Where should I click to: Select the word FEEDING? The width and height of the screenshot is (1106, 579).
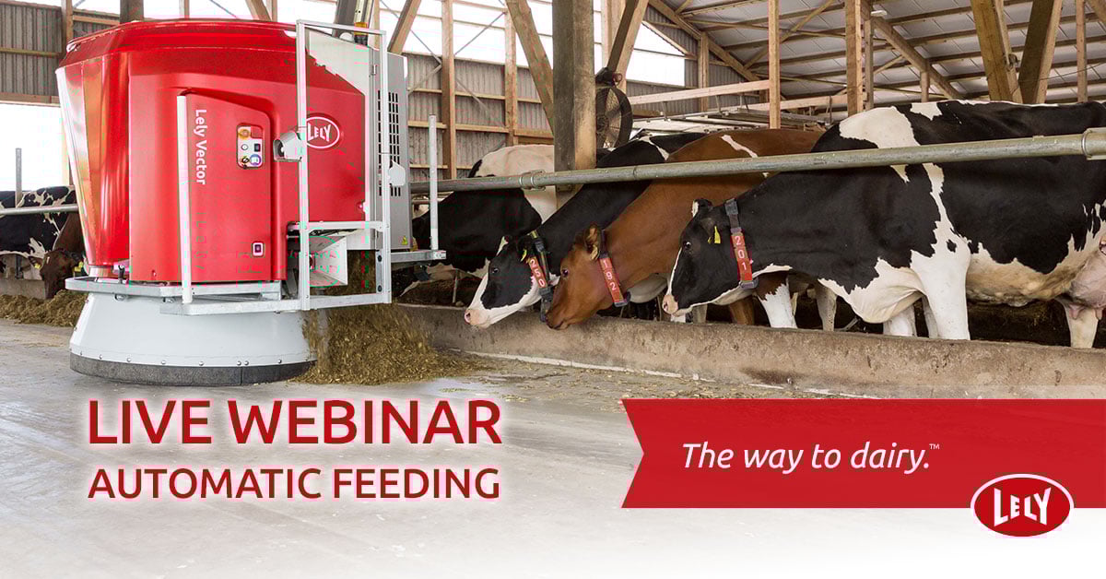(x=417, y=483)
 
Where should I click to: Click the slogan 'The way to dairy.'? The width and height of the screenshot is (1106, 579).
(x=810, y=455)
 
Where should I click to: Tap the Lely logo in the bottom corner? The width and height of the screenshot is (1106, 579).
(x=1021, y=504)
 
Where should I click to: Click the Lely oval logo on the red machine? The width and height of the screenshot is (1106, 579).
(x=324, y=132)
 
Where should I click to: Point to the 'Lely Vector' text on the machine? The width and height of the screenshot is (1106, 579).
(x=201, y=147)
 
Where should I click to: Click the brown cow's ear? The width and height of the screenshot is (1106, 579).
(x=590, y=242)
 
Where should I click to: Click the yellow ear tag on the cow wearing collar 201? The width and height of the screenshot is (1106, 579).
(x=715, y=235)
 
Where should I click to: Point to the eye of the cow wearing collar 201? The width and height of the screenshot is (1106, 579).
(x=687, y=244)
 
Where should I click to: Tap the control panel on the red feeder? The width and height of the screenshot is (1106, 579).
(x=251, y=146)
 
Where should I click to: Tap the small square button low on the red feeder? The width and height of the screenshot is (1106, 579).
(x=257, y=249)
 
